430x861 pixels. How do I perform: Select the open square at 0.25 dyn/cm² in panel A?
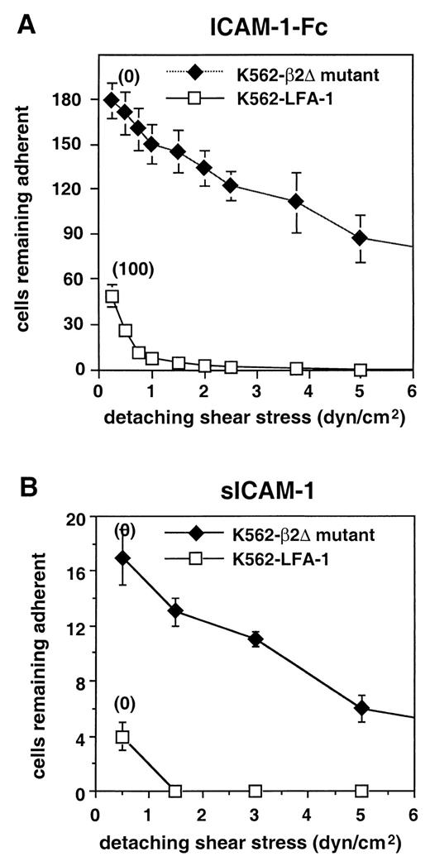tap(112, 296)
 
